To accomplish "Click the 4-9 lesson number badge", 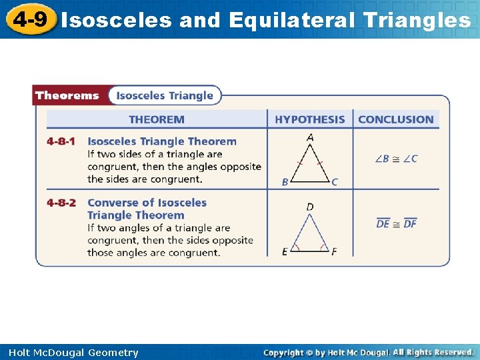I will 30,19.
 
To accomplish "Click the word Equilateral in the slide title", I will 291,20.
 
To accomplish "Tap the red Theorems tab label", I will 67,95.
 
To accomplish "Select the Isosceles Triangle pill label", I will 165,95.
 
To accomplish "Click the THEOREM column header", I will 157,119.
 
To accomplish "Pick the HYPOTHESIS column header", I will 310,119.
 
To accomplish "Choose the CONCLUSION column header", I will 396,119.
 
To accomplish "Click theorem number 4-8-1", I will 61,141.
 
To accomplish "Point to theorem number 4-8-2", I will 61,203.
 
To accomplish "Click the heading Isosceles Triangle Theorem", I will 162,141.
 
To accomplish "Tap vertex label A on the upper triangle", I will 310,137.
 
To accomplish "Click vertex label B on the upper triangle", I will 285,182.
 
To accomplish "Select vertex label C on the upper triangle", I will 335,182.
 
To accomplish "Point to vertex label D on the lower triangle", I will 310,207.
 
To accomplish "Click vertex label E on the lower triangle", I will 285,251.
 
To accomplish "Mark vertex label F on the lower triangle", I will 334,251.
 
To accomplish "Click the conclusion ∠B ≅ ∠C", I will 396,159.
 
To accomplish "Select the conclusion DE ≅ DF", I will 396,223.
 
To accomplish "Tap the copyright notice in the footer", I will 368,352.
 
